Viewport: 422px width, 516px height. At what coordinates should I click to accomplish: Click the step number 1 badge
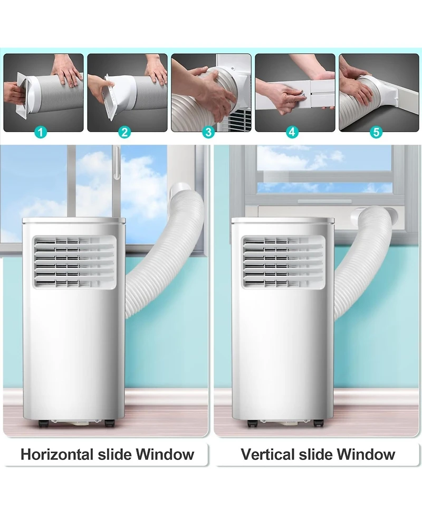pos(40,132)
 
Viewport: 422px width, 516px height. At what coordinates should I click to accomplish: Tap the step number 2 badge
pos(124,132)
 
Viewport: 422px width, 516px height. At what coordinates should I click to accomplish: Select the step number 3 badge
pos(208,132)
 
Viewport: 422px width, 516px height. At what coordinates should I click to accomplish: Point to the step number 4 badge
pos(292,132)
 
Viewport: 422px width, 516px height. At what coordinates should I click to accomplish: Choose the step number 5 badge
pos(376,132)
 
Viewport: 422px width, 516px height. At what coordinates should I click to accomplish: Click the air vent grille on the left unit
pos(75,262)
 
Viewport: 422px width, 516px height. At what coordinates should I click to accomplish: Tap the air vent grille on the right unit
pos(283,262)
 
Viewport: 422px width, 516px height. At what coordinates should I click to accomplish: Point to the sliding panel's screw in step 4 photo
pos(304,94)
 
